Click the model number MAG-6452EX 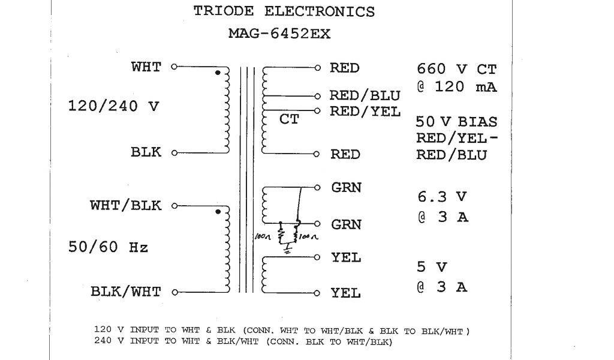pyautogui.click(x=279, y=34)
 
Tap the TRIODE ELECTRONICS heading pyautogui.click(x=284, y=11)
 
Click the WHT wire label pyautogui.click(x=146, y=67)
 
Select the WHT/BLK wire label pyautogui.click(x=126, y=205)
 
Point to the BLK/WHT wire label pyautogui.click(x=126, y=292)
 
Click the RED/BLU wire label pyautogui.click(x=365, y=96)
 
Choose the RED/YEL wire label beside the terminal pyautogui.click(x=365, y=111)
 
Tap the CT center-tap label pyautogui.click(x=289, y=120)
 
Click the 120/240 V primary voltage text pyautogui.click(x=114, y=107)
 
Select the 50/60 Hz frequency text pyautogui.click(x=108, y=247)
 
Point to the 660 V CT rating pyautogui.click(x=457, y=69)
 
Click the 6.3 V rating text pyautogui.click(x=442, y=196)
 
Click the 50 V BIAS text pyautogui.click(x=456, y=122)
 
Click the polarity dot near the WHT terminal pyautogui.click(x=218, y=73)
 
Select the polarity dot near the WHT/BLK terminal pyautogui.click(x=218, y=211)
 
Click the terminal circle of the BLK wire pyautogui.click(x=174, y=153)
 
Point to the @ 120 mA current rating pyautogui.click(x=457, y=87)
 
